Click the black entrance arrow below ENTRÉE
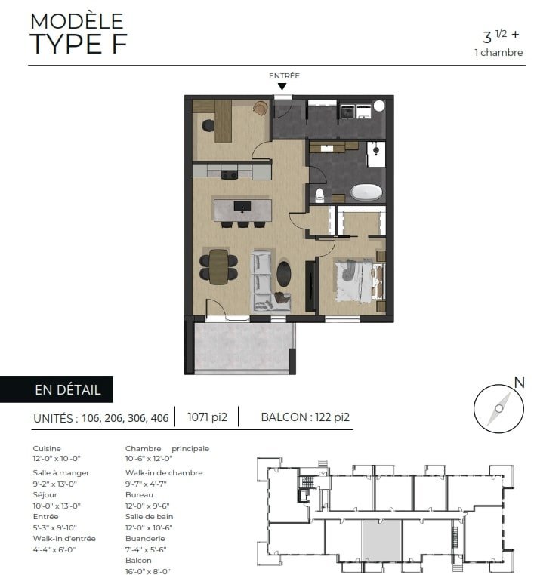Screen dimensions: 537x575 coord(282,87)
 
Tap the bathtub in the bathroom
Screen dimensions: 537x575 coord(366,192)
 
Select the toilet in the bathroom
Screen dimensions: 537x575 coord(319,195)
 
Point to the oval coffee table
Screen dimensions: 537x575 coord(284,274)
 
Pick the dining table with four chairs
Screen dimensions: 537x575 coord(218,266)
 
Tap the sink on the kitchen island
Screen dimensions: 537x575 coord(242,207)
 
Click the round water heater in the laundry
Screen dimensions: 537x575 coord(379,106)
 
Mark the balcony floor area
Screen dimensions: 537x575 coord(243,346)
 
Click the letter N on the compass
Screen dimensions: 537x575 coord(519,383)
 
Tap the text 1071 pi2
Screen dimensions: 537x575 coord(208,417)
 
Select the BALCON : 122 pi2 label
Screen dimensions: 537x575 coord(305,417)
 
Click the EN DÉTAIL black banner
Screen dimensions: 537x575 coord(57,389)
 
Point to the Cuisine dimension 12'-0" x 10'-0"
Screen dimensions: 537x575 coord(57,458)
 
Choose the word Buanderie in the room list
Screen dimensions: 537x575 coord(145,538)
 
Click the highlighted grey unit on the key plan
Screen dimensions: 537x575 coord(381,540)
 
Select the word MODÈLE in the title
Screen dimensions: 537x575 coord(77,21)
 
